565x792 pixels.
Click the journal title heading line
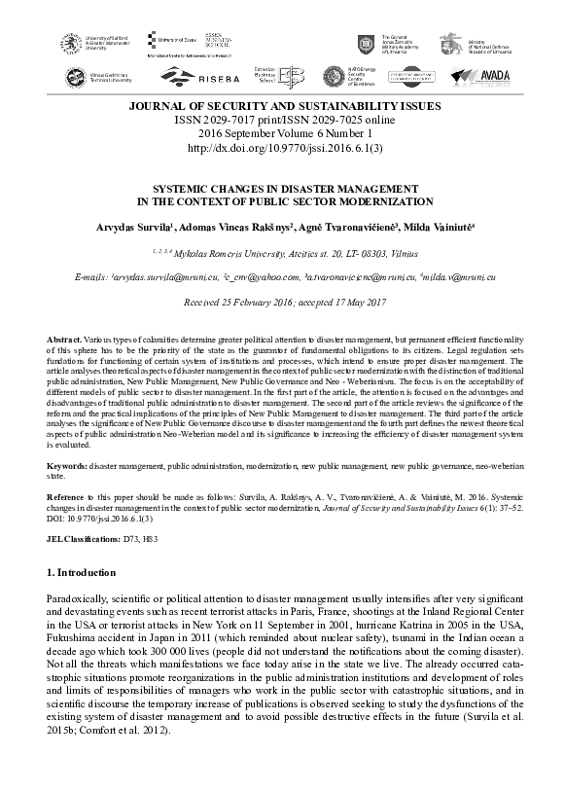coord(282,106)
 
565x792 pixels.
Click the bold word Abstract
coord(64,338)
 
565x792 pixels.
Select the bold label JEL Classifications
coord(83,537)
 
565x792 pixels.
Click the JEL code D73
coord(134,537)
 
